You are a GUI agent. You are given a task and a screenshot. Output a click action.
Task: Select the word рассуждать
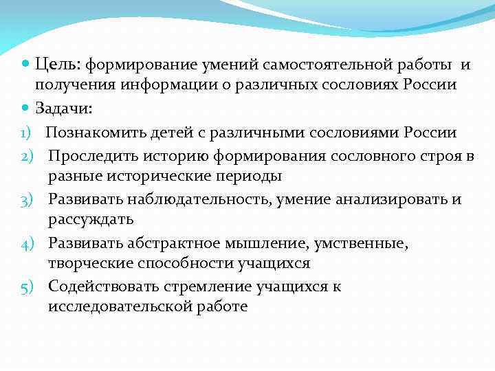(x=91, y=220)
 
